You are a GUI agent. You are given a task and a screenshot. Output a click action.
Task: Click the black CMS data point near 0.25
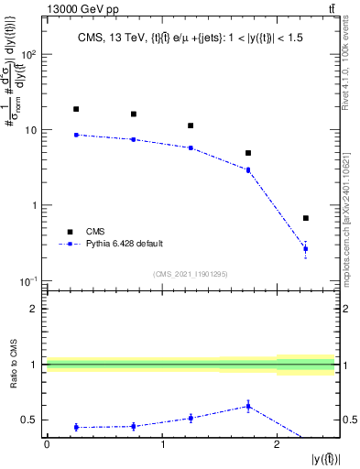point(76,109)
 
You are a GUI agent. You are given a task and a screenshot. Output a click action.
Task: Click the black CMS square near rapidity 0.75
point(134,115)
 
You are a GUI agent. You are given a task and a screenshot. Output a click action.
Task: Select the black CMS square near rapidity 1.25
point(191,125)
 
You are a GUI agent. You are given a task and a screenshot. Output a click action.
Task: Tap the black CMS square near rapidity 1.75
point(248,153)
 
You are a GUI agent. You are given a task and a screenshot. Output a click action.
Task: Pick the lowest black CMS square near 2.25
point(306,218)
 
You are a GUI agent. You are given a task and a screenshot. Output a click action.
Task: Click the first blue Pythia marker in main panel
point(76,135)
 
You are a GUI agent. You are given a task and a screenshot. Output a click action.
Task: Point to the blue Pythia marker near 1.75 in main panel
point(248,169)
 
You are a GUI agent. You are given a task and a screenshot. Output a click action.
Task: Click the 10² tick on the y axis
point(29,54)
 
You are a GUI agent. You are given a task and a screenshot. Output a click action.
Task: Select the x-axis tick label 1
point(162,444)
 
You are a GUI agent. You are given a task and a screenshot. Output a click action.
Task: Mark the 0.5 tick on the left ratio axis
point(32,420)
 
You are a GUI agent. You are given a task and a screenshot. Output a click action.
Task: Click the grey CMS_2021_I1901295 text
point(191,274)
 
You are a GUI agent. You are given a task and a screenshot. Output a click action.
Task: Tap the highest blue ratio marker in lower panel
point(248,406)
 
